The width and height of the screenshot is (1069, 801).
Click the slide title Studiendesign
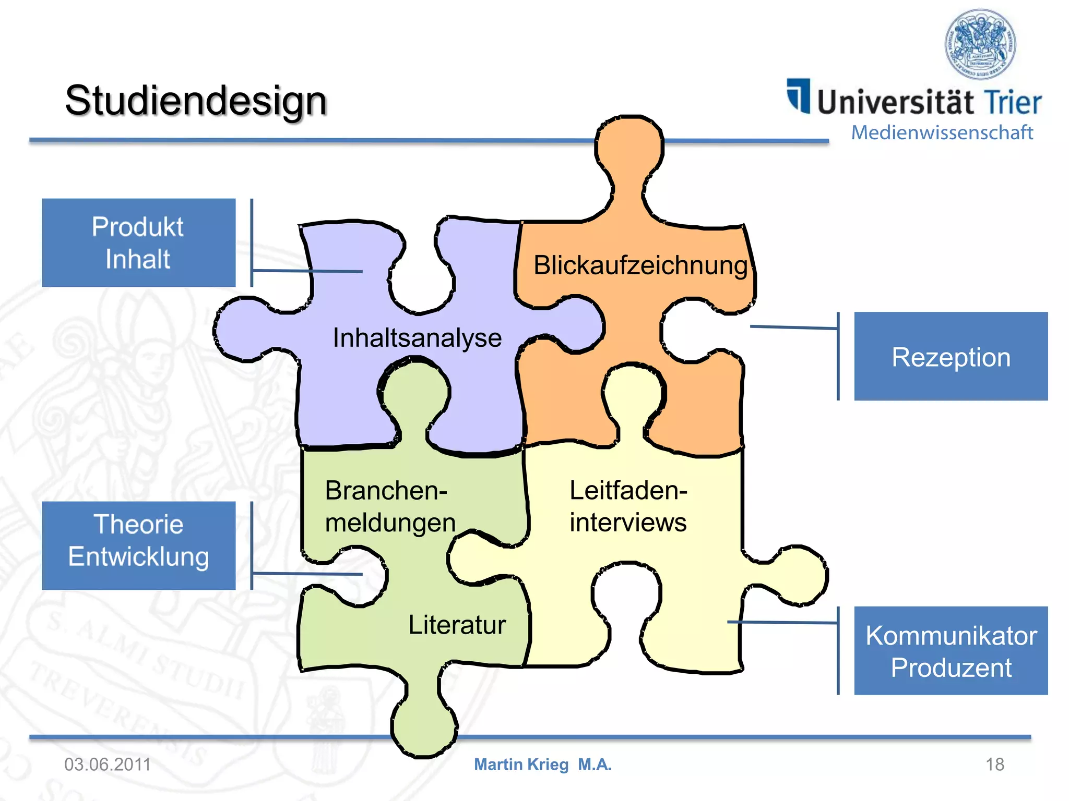tap(196, 100)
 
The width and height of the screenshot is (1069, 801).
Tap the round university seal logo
tap(980, 44)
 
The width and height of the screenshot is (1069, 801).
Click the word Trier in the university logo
tap(1013, 102)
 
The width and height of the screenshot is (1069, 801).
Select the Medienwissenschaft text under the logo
tap(942, 132)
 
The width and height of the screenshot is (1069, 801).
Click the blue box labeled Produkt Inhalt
tap(138, 242)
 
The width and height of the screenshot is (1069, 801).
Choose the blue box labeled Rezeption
tap(951, 357)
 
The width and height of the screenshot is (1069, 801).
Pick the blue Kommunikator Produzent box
tap(951, 651)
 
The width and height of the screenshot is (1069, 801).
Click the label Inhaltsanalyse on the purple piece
tap(417, 337)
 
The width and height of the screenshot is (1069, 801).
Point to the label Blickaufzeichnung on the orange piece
tap(640, 265)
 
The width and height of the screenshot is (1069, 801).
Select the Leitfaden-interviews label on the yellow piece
tap(628, 506)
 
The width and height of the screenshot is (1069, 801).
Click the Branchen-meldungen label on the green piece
tap(389, 506)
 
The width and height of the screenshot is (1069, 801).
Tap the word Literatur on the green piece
tap(457, 624)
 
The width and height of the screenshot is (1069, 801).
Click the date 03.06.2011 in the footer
tap(108, 764)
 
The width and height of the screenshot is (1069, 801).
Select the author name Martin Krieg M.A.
tap(542, 764)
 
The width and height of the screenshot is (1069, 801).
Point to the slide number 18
tap(994, 764)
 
